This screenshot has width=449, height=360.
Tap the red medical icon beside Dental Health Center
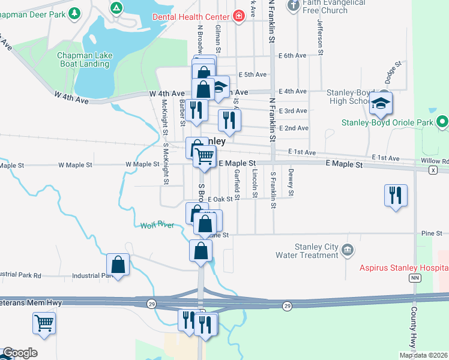(x=239, y=16)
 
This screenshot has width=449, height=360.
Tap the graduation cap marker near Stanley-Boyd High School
(x=381, y=104)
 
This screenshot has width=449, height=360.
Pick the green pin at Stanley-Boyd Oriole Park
(x=443, y=122)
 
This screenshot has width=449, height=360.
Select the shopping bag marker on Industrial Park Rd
(x=118, y=265)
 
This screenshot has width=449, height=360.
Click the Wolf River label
(x=157, y=226)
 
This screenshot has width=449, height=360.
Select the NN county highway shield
(x=414, y=278)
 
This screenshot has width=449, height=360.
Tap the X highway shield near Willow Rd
(x=433, y=170)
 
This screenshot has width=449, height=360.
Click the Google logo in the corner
(x=19, y=353)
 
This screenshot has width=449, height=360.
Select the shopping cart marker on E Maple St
(x=204, y=157)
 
